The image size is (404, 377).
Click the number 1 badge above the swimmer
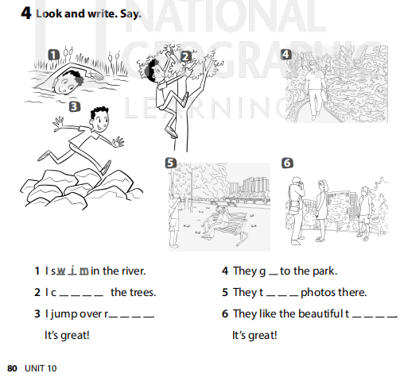point(53,55)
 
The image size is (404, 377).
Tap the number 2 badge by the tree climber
point(185,56)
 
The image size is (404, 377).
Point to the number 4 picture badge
point(286,54)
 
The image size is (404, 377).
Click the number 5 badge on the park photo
point(169,163)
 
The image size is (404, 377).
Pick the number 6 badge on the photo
point(287,163)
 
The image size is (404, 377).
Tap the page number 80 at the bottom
point(12,368)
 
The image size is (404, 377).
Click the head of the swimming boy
point(70,78)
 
